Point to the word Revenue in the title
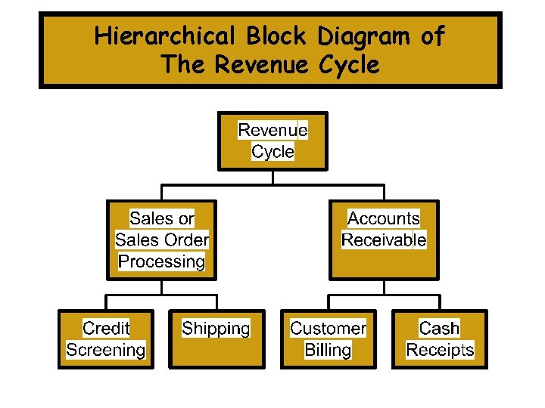[x=261, y=64]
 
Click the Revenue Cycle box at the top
[x=272, y=141]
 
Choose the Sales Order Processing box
[x=161, y=240]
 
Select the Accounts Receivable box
[x=383, y=240]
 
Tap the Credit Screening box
[x=106, y=339]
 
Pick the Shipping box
[x=216, y=339]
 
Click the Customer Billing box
[x=328, y=339]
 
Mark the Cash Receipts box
[x=440, y=339]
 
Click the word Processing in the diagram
[x=161, y=262]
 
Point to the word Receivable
[x=384, y=240]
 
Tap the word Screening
[x=106, y=350]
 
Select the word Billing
[x=328, y=350]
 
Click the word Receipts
[x=440, y=350]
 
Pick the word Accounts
[x=383, y=219]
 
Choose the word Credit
[x=106, y=329]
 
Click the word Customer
[x=328, y=329]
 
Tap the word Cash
[x=440, y=329]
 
